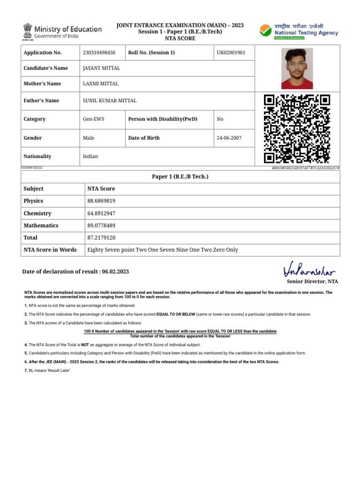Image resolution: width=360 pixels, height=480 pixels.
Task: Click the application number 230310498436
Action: [x=99, y=52]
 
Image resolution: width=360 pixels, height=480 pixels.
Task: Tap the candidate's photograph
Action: [x=297, y=68]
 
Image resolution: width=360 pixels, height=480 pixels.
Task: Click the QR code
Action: [x=297, y=128]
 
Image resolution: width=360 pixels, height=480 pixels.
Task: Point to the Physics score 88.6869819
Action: [x=101, y=201]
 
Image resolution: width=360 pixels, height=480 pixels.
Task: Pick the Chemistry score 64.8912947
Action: [x=101, y=213]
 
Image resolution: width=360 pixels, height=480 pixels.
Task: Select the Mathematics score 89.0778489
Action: [x=101, y=225]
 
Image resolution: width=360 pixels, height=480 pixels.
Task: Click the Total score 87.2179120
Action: [x=101, y=238]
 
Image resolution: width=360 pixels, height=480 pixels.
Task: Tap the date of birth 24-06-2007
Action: [x=229, y=138]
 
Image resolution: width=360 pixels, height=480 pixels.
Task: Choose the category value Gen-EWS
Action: [x=94, y=119]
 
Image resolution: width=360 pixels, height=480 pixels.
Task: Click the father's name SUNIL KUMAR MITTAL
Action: [x=110, y=100]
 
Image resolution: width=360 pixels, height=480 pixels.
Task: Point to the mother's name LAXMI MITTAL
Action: [x=101, y=83]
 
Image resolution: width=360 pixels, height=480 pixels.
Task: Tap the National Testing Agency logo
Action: [x=299, y=31]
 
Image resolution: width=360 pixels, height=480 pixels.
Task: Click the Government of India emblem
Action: [x=27, y=31]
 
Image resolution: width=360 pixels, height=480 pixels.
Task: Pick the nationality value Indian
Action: [x=90, y=156]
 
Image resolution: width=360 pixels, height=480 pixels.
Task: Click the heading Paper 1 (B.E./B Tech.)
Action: [x=180, y=176]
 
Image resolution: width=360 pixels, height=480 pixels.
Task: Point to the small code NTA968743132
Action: [x=31, y=167]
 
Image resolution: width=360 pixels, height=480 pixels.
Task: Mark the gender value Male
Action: [x=89, y=138]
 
